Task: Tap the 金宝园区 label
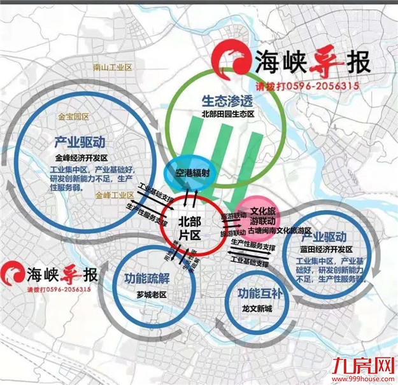74,118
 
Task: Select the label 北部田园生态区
227,114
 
